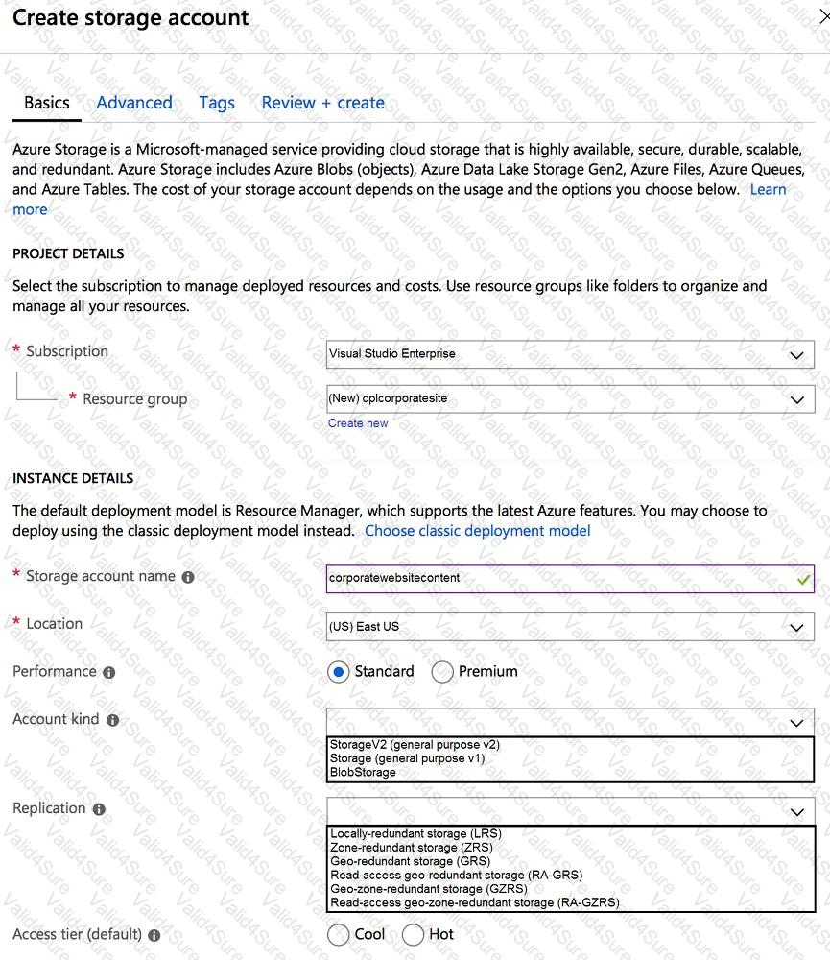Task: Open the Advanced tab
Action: coord(134,103)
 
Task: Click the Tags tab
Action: coord(217,103)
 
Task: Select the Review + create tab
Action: coord(322,103)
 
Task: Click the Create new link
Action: coord(358,423)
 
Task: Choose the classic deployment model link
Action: coord(477,530)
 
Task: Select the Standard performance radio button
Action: coord(338,672)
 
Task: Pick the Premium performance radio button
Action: coord(442,672)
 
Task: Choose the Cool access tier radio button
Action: coord(338,934)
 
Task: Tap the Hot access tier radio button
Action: coord(414,934)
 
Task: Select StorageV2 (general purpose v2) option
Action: coord(415,745)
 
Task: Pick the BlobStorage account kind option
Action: coord(363,772)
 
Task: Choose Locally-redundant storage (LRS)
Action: coord(415,833)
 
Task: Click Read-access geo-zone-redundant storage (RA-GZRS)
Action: coord(474,902)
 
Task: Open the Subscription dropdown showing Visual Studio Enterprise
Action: coord(570,354)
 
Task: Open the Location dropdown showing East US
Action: coord(570,627)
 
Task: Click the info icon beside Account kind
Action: coord(113,720)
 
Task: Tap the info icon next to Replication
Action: coord(99,809)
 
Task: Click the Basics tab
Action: coord(46,103)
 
